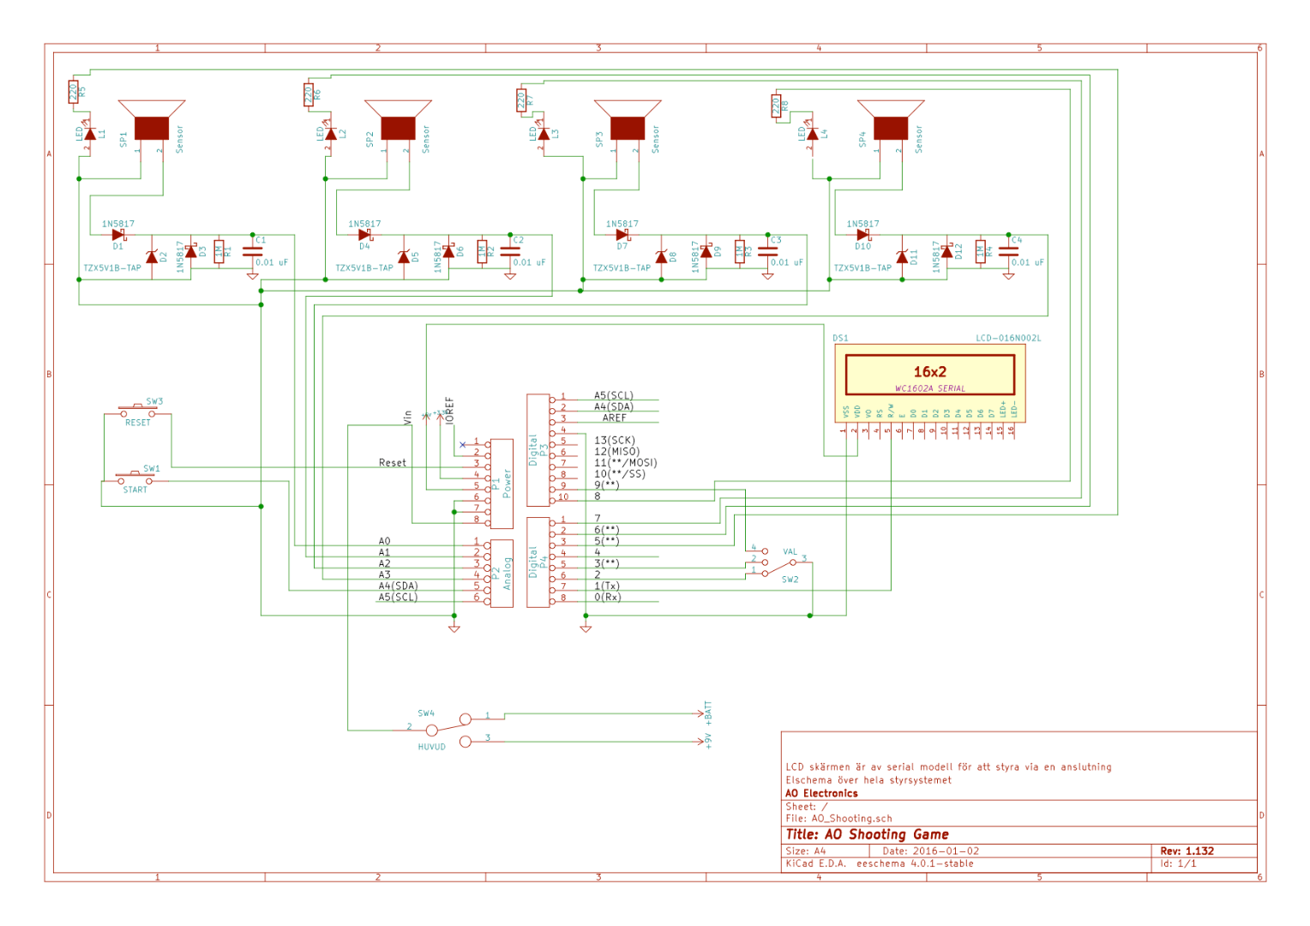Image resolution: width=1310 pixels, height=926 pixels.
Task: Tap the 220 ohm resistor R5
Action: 73,92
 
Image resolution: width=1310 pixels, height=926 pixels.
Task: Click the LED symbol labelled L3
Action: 544,134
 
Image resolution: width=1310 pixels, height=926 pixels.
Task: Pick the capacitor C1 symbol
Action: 252,251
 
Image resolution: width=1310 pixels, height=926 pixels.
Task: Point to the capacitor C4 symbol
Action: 1008,251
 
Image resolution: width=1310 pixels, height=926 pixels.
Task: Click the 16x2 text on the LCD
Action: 929,372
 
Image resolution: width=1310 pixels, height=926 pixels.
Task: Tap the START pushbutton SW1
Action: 135,478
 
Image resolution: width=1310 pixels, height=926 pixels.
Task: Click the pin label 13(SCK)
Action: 615,441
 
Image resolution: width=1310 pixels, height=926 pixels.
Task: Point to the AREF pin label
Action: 614,418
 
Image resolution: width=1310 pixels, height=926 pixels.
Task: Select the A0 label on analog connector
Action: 384,542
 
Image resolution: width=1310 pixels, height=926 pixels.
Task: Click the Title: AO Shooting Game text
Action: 867,834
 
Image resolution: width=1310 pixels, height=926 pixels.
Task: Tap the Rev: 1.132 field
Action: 1187,851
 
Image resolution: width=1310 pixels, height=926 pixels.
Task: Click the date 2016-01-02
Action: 946,851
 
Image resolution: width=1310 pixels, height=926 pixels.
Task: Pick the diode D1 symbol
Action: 118,235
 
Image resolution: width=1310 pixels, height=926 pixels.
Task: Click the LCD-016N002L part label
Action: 1008,339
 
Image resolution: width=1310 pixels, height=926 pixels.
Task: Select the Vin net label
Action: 408,417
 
